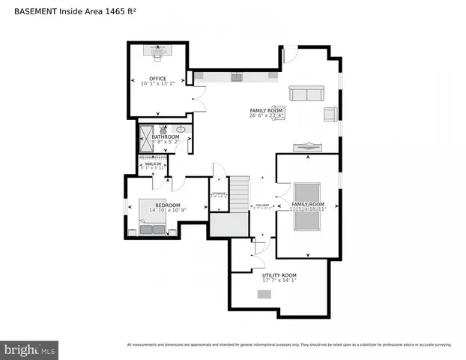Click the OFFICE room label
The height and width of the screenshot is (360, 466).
pyautogui.click(x=157, y=78)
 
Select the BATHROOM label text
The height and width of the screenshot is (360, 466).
pyautogui.click(x=166, y=136)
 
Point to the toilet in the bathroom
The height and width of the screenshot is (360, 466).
pyautogui.click(x=163, y=128)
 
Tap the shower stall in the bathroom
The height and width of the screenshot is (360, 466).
pyautogui.click(x=145, y=139)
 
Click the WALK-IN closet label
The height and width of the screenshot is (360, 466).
pyautogui.click(x=153, y=163)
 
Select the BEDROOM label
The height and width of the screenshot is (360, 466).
pyautogui.click(x=167, y=205)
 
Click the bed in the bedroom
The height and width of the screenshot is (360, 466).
pyautogui.click(x=153, y=217)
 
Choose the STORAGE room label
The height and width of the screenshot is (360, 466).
pyautogui.click(x=219, y=193)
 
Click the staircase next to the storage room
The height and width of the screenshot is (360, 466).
pyautogui.click(x=239, y=194)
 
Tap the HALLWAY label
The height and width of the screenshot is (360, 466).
pyautogui.click(x=262, y=205)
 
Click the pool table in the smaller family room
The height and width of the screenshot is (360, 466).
pyautogui.click(x=307, y=199)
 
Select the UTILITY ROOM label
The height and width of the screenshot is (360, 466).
pyautogui.click(x=279, y=275)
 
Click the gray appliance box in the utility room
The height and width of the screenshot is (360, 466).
pyautogui.click(x=264, y=294)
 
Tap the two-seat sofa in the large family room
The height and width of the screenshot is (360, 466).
pyautogui.click(x=306, y=94)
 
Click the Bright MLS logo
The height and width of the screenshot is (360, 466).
pyautogui.click(x=30, y=349)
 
